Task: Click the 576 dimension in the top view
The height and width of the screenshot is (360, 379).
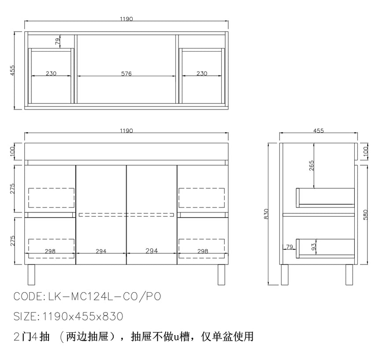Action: [x=126, y=74]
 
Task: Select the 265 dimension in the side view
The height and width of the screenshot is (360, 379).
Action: [x=312, y=166]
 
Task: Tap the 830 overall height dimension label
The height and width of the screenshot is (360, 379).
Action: [x=266, y=214]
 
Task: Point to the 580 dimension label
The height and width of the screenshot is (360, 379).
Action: [x=365, y=215]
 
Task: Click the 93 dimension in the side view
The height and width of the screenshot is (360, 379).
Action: [x=313, y=247]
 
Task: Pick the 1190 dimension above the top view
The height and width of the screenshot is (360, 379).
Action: [x=126, y=19]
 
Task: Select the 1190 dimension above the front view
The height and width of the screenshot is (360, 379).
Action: [x=126, y=131]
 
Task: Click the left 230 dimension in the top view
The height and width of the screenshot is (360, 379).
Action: [x=51, y=73]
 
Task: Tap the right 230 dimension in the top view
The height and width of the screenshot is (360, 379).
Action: [x=202, y=73]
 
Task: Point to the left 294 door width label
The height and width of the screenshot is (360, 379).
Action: [x=101, y=251]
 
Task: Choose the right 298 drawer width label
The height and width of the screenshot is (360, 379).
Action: [x=203, y=251]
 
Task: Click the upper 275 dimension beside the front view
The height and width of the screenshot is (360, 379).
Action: [x=12, y=189]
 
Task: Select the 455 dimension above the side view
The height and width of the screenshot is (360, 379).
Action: [x=318, y=130]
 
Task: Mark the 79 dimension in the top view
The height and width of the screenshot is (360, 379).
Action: [x=58, y=41]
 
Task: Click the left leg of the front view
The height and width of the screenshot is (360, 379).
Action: [x=31, y=275]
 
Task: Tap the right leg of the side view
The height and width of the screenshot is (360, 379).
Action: [x=349, y=275]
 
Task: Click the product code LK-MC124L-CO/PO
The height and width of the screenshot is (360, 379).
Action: [x=104, y=297]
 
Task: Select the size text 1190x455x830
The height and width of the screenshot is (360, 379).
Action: [x=83, y=316]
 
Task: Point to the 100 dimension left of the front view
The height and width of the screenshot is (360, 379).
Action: [x=12, y=152]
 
